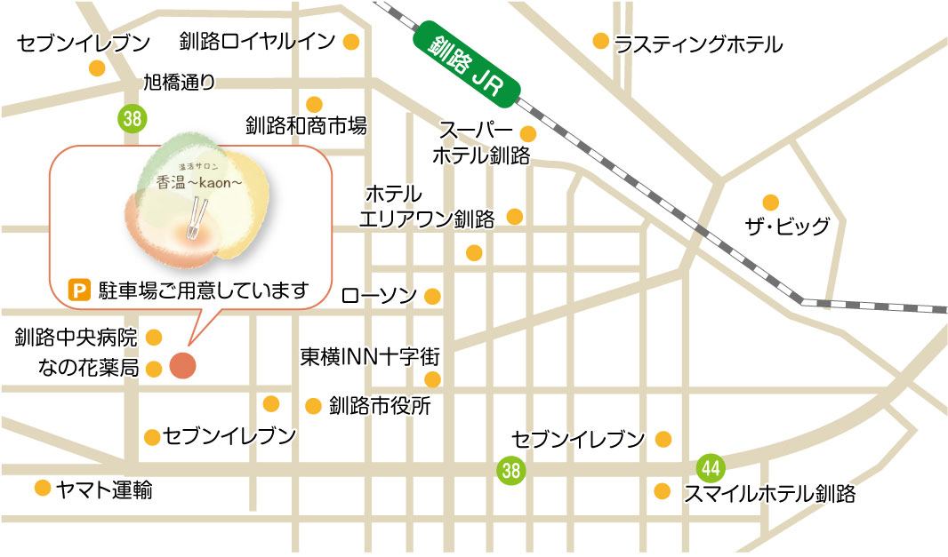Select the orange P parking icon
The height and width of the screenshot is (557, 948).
(80, 290)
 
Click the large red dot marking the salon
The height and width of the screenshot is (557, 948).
(182, 365)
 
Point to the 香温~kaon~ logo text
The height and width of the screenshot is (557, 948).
(194, 182)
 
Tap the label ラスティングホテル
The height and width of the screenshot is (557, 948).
(699, 44)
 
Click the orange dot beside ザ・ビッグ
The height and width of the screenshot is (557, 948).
(770, 202)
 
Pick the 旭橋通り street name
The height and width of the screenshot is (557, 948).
(180, 84)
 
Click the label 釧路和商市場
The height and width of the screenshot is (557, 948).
(306, 125)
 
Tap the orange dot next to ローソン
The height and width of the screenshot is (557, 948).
(433, 296)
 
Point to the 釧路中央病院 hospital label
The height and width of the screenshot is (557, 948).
(76, 338)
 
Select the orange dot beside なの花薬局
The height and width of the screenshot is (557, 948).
(154, 369)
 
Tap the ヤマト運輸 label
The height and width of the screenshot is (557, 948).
(103, 489)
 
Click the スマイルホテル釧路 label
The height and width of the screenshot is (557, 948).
(769, 494)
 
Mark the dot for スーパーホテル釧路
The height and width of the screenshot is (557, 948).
(527, 134)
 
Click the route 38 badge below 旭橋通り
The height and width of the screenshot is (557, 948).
(132, 117)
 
